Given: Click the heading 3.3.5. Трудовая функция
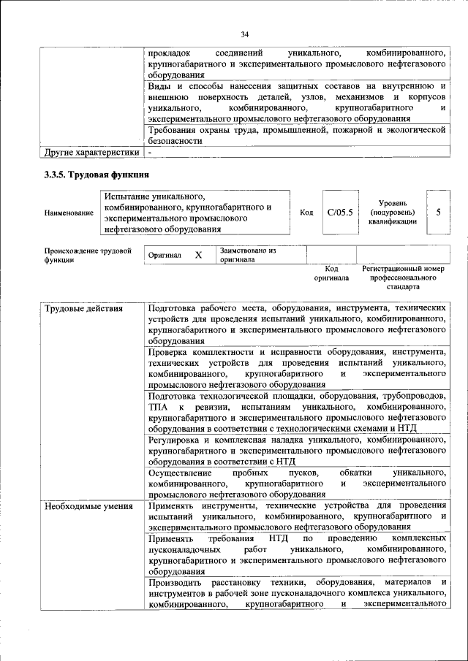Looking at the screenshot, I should (97, 175).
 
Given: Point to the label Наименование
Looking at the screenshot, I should (69, 213).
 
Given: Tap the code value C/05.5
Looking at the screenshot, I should (340, 212).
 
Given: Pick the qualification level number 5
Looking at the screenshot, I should (438, 212).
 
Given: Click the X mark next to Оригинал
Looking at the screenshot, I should (198, 256).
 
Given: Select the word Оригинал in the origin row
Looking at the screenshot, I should (165, 256).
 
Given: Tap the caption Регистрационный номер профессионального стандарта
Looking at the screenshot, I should (403, 278).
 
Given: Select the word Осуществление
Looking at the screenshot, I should (179, 473).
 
